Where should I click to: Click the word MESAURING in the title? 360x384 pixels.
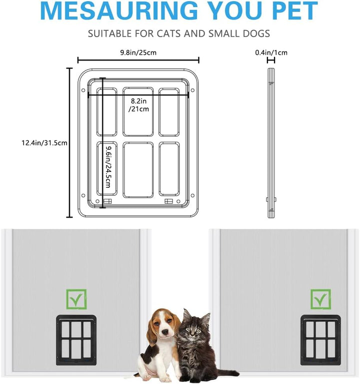(119, 10)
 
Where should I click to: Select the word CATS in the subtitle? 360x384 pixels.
(168, 33)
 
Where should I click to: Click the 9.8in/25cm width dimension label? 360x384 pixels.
(138, 52)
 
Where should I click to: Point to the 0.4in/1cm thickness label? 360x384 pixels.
(271, 52)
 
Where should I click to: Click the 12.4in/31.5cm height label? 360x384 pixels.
(44, 143)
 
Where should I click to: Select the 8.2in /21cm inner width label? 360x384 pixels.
(139, 105)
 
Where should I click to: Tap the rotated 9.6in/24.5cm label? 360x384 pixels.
(108, 167)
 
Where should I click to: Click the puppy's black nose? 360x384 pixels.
(164, 332)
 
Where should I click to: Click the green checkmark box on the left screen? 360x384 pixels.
(76, 299)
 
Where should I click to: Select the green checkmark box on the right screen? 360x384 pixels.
(321, 299)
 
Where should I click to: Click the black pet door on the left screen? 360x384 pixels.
(76, 341)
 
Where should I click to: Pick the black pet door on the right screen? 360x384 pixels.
(321, 341)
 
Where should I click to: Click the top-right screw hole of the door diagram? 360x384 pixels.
(192, 90)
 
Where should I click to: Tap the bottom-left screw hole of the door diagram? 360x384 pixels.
(83, 196)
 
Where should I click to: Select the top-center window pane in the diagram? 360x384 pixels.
(138, 111)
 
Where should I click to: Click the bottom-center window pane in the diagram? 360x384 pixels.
(138, 170)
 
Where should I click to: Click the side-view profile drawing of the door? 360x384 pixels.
(271, 143)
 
